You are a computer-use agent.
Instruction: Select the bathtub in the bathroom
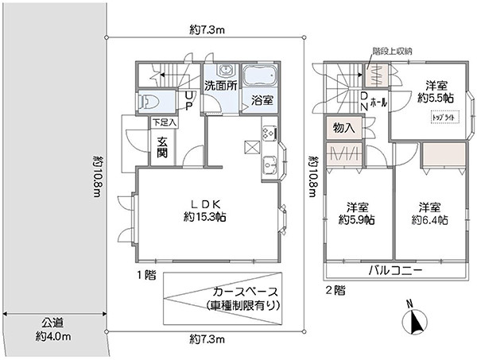tap(259, 78)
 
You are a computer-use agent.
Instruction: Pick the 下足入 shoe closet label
tap(165, 123)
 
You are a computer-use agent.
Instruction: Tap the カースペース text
tap(243, 292)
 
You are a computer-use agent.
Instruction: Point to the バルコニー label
tap(394, 271)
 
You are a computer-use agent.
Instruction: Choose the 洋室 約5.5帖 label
tap(435, 91)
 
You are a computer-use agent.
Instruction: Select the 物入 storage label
tap(344, 127)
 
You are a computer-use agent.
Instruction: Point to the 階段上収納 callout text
tap(392, 51)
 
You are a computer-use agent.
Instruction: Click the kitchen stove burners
tap(267, 132)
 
